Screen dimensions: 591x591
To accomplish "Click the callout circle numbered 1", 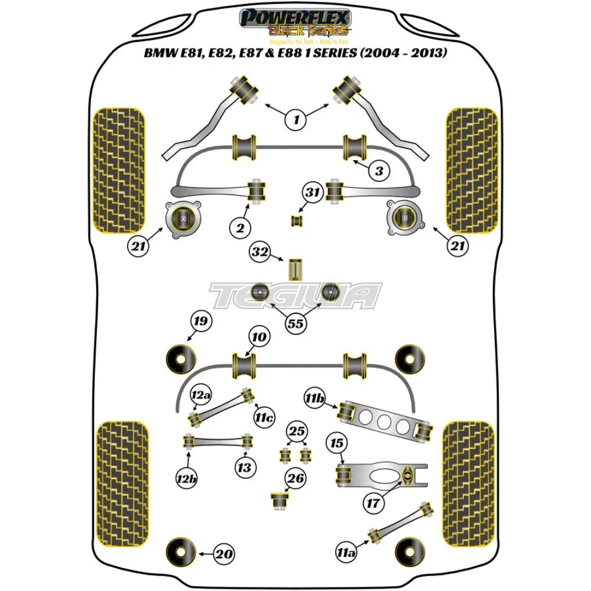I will click(296, 121).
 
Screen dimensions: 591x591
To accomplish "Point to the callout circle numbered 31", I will click(312, 191).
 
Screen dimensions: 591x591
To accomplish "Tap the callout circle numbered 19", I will click(200, 322).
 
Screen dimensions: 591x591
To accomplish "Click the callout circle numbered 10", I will click(259, 337).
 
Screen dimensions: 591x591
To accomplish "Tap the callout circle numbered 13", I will click(243, 469).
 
